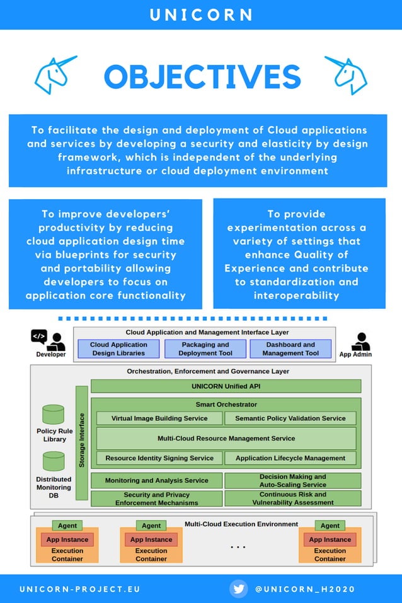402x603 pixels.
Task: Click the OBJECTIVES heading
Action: pos(202,77)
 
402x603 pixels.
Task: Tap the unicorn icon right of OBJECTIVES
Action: pos(346,75)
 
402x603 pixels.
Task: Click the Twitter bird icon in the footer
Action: pos(239,589)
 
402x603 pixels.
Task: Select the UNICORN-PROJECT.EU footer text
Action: pos(80,589)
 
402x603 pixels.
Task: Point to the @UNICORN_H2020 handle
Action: pos(305,589)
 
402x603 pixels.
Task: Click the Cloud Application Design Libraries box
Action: pos(118,349)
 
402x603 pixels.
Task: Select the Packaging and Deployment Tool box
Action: pos(205,349)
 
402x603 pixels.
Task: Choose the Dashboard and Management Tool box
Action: pos(290,349)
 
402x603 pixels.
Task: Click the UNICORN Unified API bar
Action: pos(226,386)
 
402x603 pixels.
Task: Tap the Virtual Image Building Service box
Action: pos(159,418)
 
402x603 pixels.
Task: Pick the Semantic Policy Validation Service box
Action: pos(290,418)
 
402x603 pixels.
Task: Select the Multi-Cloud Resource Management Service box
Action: pos(226,438)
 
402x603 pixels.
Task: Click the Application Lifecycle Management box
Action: pos(290,458)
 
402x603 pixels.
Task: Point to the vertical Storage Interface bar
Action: pos(82,442)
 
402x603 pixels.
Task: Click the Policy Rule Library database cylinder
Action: pos(54,415)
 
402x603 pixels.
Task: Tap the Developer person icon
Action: pos(57,342)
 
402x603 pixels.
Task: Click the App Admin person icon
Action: pos(360,342)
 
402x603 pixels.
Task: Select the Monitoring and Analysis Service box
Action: pos(157,481)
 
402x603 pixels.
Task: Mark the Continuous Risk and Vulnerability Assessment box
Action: pos(292,498)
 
